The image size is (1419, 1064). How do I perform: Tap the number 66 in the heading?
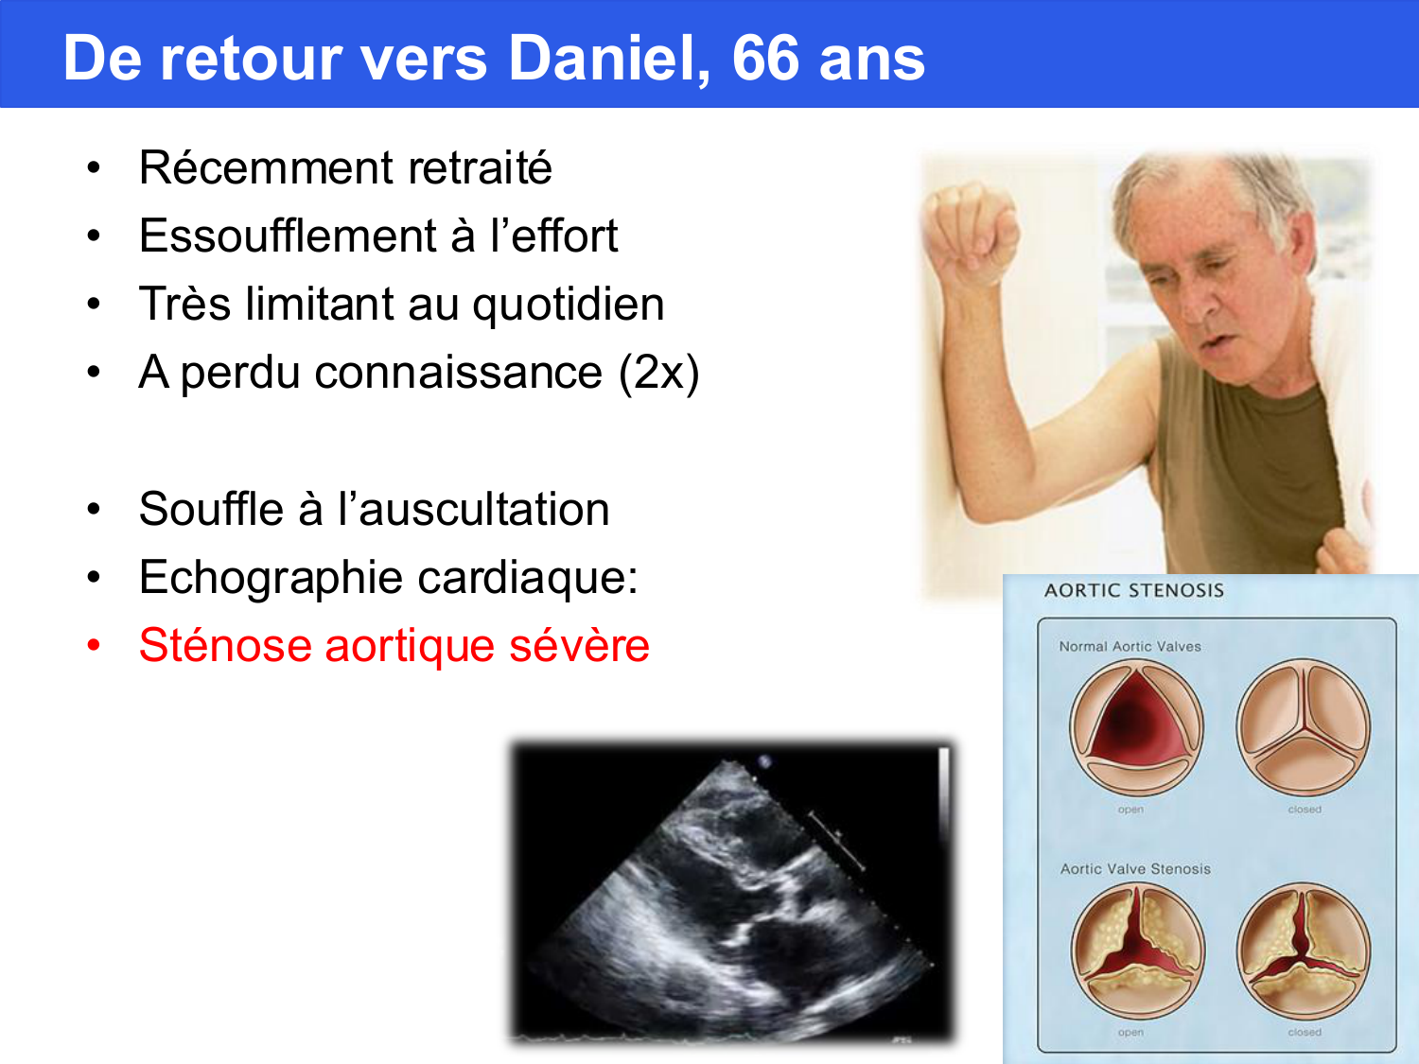tap(765, 59)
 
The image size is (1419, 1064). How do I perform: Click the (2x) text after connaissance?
tap(659, 373)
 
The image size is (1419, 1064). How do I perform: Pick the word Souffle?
tap(210, 510)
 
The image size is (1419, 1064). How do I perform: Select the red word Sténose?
tap(223, 646)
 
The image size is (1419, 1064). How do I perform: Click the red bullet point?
tap(93, 646)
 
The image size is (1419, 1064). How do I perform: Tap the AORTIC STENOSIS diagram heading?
tap(1133, 591)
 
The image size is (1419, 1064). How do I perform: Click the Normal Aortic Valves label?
tap(1130, 647)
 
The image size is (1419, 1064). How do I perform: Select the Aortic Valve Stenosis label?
tap(1135, 869)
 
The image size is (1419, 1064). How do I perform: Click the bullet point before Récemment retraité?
tap(93, 168)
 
